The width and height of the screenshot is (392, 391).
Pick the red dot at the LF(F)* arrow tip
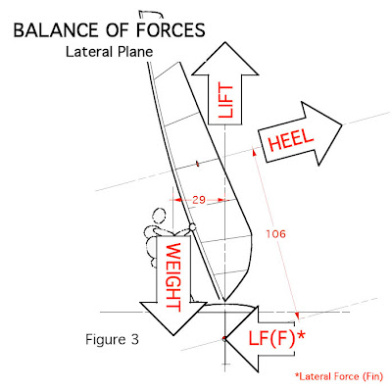pos(224,338)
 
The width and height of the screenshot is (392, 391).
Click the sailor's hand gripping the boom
pos(192,229)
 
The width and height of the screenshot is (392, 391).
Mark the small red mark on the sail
pos(198,163)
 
